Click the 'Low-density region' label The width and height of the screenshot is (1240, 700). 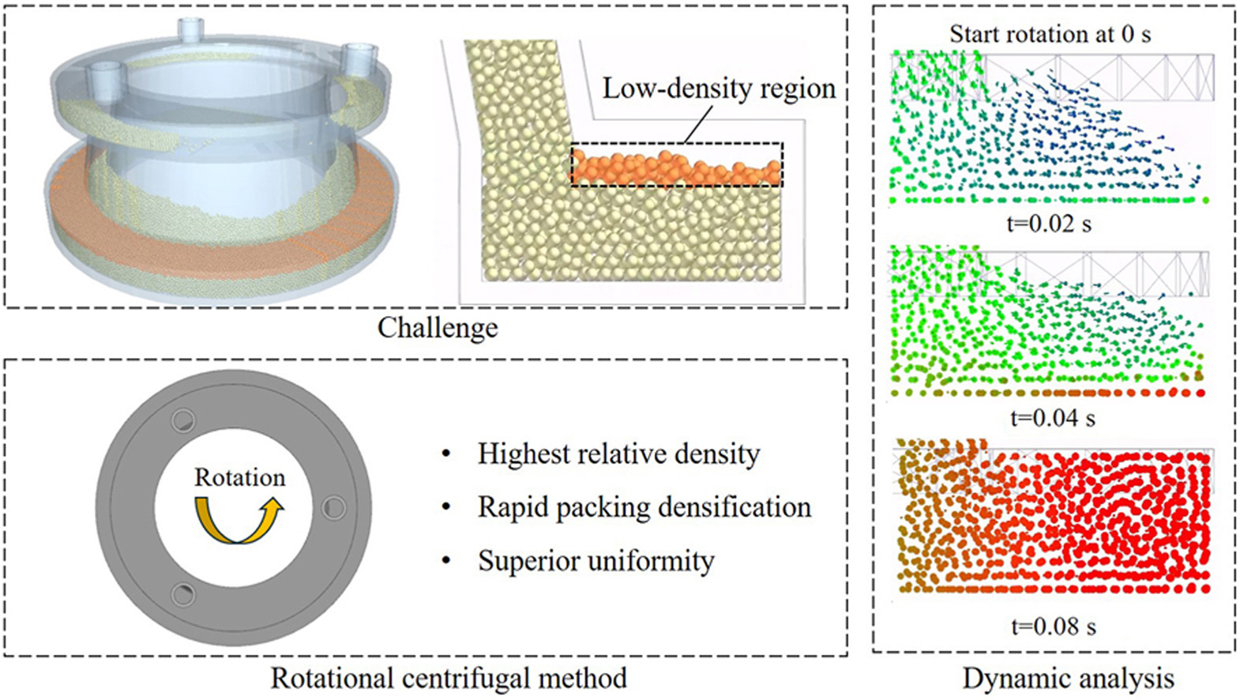point(719,88)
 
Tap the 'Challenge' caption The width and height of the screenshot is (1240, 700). point(438,327)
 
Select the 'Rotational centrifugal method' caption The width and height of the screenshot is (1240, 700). point(449,678)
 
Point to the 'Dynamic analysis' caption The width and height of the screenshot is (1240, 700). point(1068,678)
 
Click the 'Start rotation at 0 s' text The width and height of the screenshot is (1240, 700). point(1050,34)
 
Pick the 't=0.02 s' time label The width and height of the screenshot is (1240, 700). point(1049,224)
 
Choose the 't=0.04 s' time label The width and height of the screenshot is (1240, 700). point(1052,417)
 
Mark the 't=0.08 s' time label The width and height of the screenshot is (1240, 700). point(1053,627)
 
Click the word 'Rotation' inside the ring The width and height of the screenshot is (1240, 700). point(239,477)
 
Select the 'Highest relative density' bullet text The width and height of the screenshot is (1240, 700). point(618,454)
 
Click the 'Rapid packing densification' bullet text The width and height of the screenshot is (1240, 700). point(644,507)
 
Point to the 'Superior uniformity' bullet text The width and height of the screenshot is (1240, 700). point(596,561)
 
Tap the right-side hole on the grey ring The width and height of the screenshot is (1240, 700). point(333,507)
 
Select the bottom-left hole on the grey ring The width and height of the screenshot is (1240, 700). point(183,593)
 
